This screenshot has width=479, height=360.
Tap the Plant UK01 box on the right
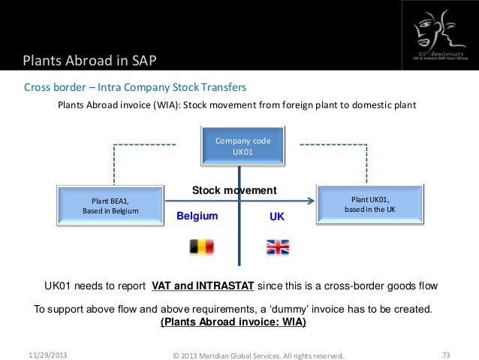369,204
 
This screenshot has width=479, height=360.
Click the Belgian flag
200,247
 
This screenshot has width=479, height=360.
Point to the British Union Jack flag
278,247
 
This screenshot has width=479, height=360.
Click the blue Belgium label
197,216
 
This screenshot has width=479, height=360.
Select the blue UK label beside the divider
277,216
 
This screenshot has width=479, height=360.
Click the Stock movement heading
234,190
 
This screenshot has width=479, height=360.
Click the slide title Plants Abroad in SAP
89,60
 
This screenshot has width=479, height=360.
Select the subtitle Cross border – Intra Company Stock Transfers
135,87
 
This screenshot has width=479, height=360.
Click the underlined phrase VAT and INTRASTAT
204,286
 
